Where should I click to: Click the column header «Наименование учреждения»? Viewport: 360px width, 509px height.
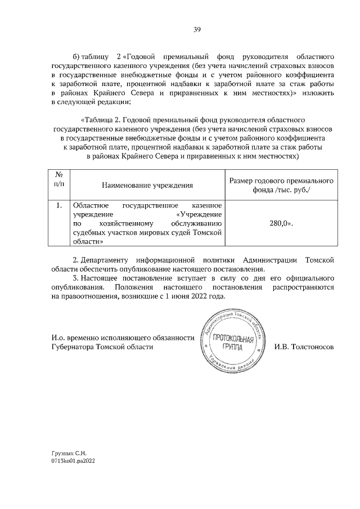[x=147, y=184]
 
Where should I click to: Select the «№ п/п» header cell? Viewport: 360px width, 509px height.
[x=58, y=179]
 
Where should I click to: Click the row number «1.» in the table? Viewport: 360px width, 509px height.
[x=58, y=205]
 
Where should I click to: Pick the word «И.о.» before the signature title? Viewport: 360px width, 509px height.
[x=57, y=338]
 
